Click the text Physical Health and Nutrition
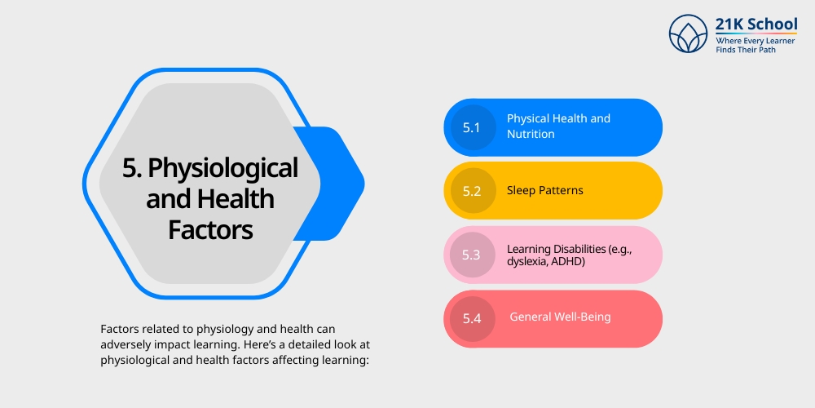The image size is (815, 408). coord(558,126)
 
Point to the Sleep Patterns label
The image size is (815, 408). coord(545,190)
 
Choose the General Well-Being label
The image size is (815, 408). coord(560,317)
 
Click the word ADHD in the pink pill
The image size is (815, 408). coord(570,262)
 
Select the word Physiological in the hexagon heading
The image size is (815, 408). coord(222,169)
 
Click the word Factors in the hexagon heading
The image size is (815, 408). coord(211,229)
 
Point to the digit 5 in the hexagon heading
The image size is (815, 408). coord(129,169)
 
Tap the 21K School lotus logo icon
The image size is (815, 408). coord(689,33)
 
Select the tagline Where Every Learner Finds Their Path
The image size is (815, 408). coord(756,46)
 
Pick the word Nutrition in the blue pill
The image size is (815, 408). coord(531,134)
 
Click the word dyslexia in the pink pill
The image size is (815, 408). coord(527,262)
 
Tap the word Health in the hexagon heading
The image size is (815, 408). coord(239,199)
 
